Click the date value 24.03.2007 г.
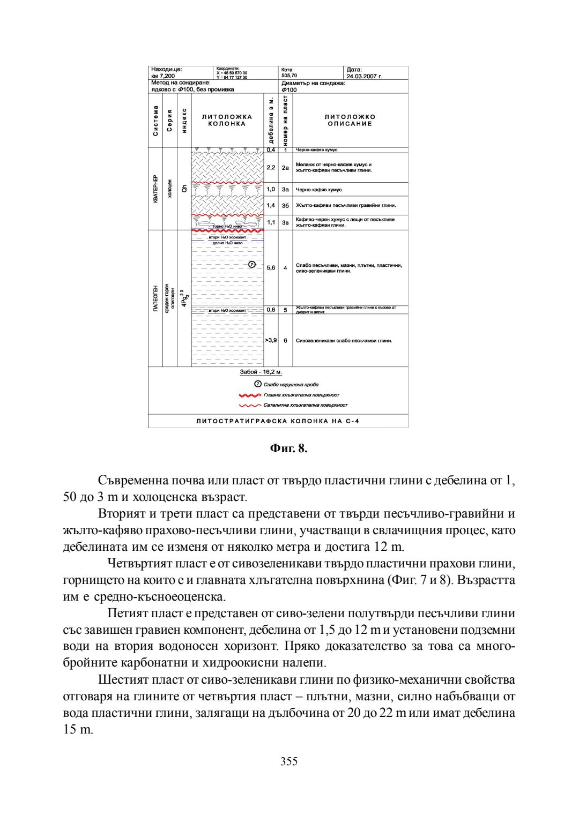click(x=364, y=76)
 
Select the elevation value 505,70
click(x=289, y=76)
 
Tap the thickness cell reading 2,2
click(x=271, y=168)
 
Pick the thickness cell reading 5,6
click(x=271, y=268)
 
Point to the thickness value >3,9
click(x=271, y=340)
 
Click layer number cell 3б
click(x=285, y=205)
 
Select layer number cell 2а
click(x=285, y=168)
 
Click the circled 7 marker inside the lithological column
click(x=252, y=264)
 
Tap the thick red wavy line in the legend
click(x=250, y=395)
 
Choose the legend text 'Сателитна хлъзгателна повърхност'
click(x=305, y=405)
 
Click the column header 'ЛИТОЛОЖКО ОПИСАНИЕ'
click(x=350, y=120)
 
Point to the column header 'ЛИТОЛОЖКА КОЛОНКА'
click(x=227, y=120)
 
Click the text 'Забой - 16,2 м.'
click(x=261, y=372)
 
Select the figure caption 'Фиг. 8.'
click(x=288, y=448)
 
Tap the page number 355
click(x=288, y=761)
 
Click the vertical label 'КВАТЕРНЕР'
click(x=155, y=189)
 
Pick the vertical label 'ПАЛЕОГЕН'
click(x=155, y=298)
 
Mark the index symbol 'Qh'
click(x=184, y=189)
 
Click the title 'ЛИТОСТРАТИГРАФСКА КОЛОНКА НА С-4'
click(x=278, y=421)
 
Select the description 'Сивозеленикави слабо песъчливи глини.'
click(x=344, y=340)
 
